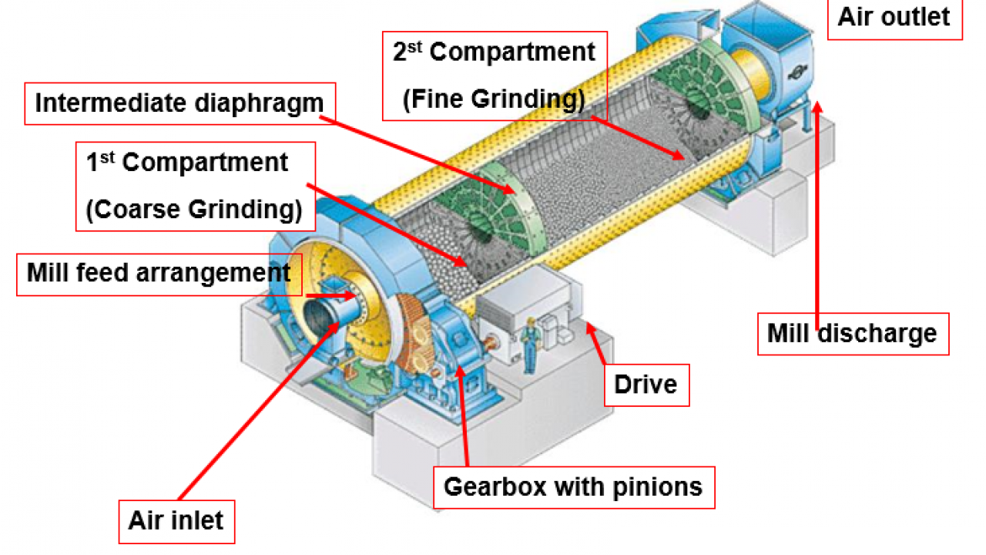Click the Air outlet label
click(894, 17)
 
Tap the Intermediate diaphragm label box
click(179, 103)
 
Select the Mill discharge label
click(852, 334)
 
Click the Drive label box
click(646, 383)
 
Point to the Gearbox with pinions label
click(573, 487)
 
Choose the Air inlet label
click(176, 520)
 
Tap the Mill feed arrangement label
click(159, 272)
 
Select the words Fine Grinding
click(494, 99)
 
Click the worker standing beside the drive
click(530, 344)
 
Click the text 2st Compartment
click(494, 52)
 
